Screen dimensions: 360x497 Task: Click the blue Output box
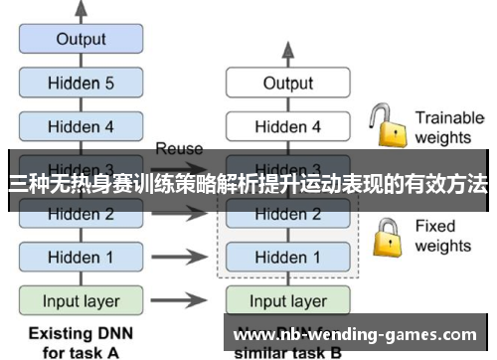point(81,40)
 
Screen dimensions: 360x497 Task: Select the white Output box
point(287,84)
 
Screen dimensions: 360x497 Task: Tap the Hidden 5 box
point(81,84)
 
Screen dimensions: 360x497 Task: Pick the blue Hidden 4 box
point(81,126)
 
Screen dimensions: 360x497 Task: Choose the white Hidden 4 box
point(287,126)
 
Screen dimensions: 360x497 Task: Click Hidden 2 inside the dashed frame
point(287,214)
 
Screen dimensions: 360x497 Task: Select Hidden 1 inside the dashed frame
point(287,257)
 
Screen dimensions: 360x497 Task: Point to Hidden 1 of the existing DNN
point(81,257)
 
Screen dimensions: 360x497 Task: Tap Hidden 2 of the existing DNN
point(81,214)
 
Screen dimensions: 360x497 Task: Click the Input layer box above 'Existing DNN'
point(81,300)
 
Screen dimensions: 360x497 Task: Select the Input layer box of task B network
point(287,300)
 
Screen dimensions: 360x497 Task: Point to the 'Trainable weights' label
point(448,127)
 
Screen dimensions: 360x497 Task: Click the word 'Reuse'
point(179,149)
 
